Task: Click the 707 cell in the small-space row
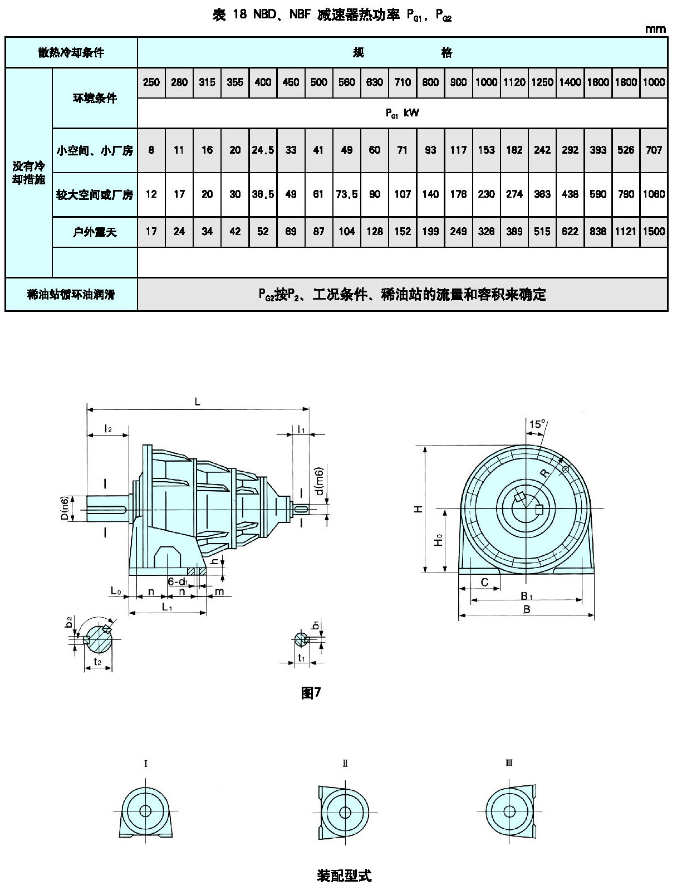pyautogui.click(x=654, y=150)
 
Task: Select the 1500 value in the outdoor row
pyautogui.click(x=654, y=232)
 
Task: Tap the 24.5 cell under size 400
pyautogui.click(x=263, y=150)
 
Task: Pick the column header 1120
pyautogui.click(x=514, y=82)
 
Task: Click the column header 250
pyautogui.click(x=151, y=82)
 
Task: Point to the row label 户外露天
pyautogui.click(x=95, y=232)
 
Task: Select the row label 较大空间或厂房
pyautogui.click(x=95, y=194)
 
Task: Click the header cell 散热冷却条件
pyautogui.click(x=71, y=52)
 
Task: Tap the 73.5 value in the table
pyautogui.click(x=347, y=194)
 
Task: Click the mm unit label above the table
pyautogui.click(x=655, y=29)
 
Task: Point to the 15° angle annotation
pyautogui.click(x=537, y=424)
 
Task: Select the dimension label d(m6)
pyautogui.click(x=319, y=481)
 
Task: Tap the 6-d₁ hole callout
pyautogui.click(x=178, y=582)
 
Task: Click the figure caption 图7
pyautogui.click(x=311, y=692)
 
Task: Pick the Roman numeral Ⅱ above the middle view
pyautogui.click(x=345, y=763)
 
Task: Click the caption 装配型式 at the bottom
pyautogui.click(x=344, y=876)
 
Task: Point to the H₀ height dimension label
pyautogui.click(x=439, y=540)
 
